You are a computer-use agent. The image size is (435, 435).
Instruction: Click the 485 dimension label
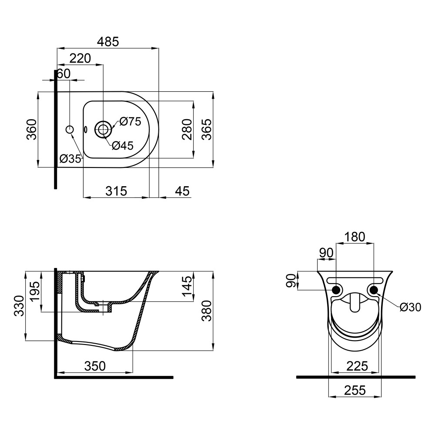pos(108,42)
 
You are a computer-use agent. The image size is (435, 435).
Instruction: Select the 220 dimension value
pos(80,59)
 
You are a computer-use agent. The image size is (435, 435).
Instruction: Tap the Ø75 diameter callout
pos(130,121)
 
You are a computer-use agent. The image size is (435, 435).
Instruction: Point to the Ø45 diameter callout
pos(123,146)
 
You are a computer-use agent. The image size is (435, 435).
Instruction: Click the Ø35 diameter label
pos(70,159)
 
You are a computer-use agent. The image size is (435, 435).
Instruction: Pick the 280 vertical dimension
pos(187,129)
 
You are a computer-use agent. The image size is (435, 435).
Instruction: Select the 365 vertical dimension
pos(206,129)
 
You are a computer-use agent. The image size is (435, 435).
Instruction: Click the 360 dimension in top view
pos(32,129)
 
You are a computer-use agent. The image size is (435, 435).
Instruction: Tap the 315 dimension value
pos(116,191)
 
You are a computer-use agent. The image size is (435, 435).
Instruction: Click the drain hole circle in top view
pos(103,129)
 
